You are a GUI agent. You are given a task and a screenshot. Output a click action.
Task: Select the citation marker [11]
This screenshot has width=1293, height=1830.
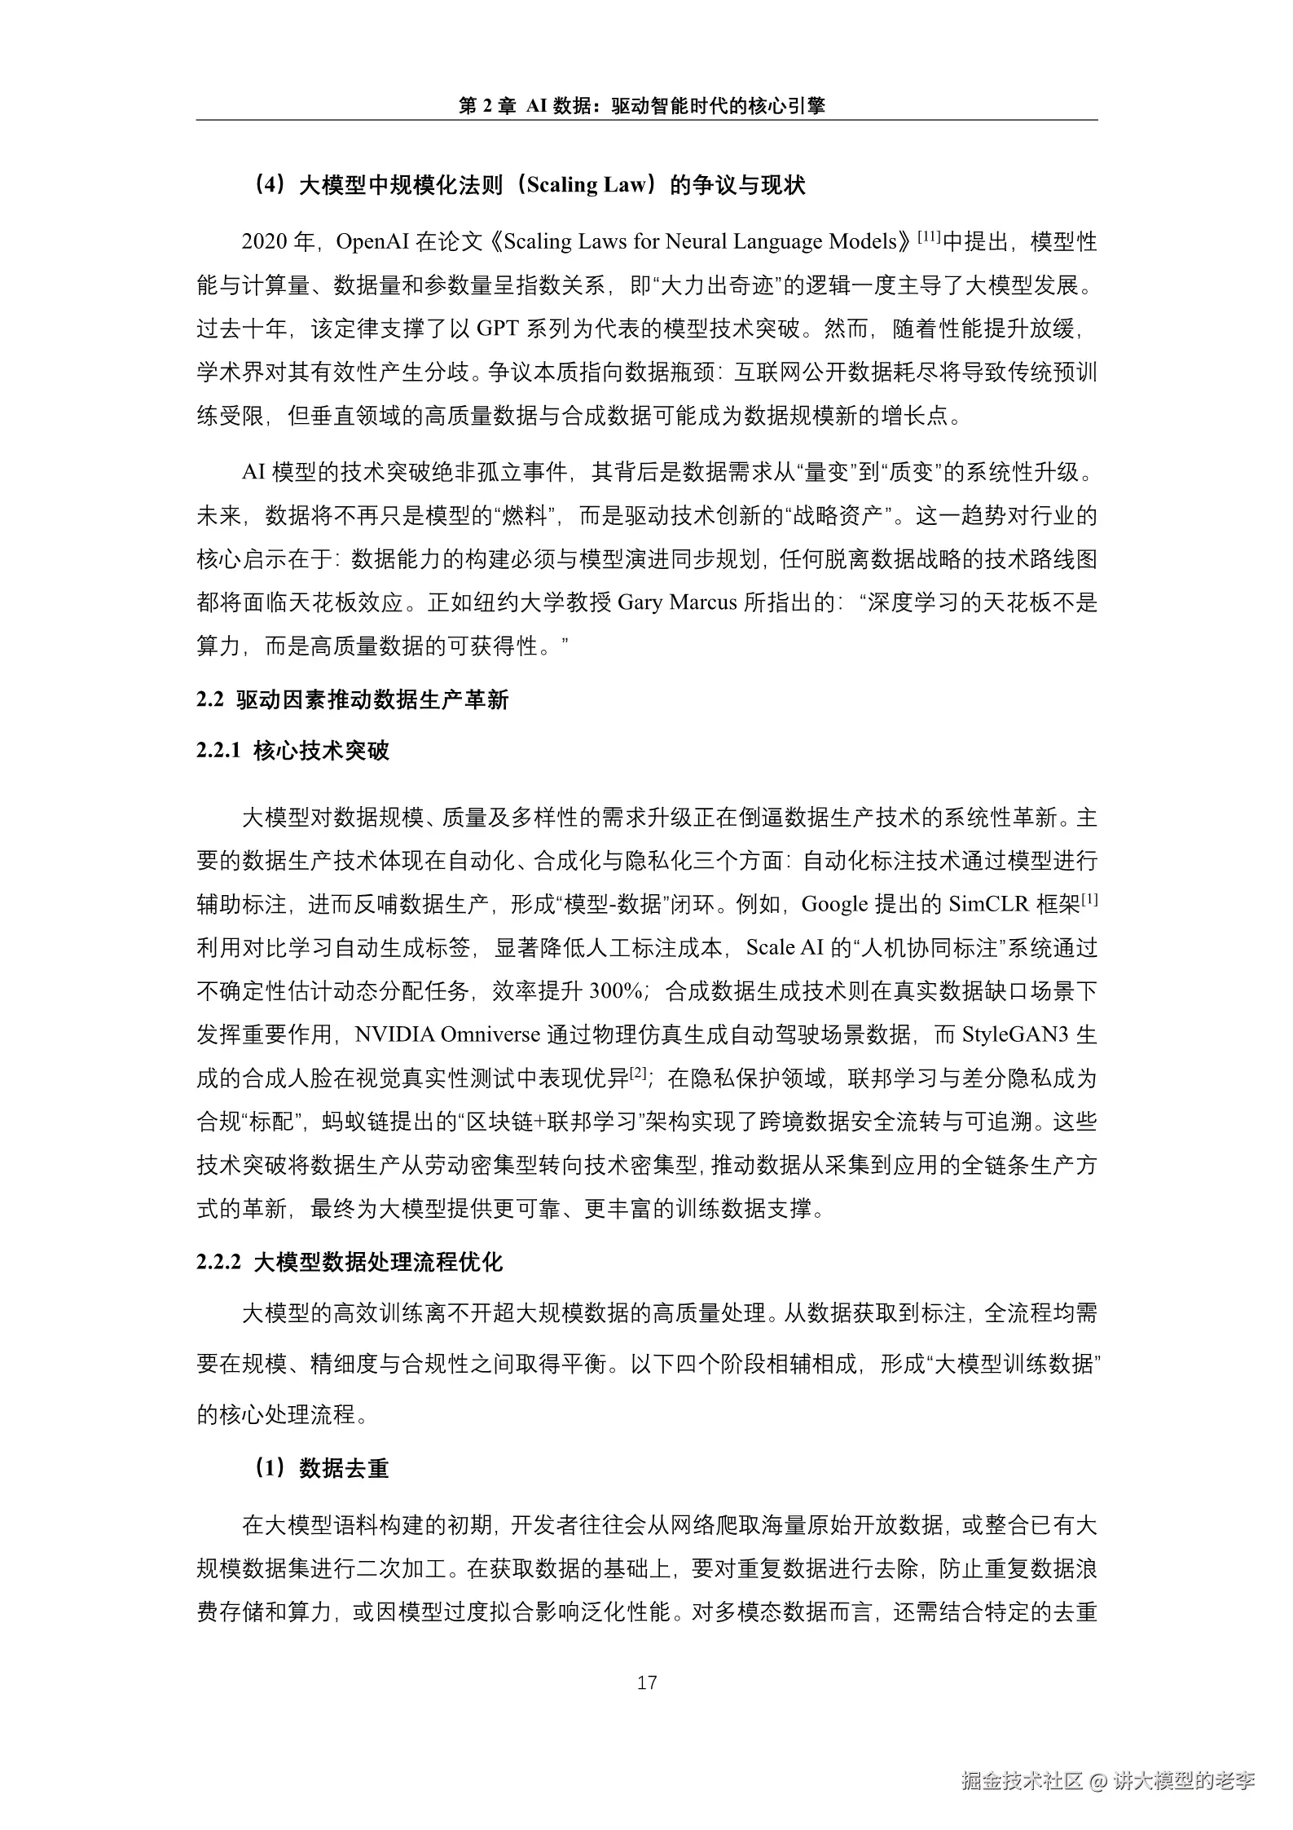(x=930, y=237)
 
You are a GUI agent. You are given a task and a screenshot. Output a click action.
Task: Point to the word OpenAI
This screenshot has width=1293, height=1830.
(x=372, y=242)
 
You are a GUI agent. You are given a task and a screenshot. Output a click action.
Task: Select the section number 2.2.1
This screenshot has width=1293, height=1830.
(x=218, y=751)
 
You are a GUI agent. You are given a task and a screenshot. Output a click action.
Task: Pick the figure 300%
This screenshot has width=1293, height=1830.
(x=616, y=991)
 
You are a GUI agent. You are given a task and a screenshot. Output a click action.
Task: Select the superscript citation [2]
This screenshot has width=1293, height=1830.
(x=638, y=1073)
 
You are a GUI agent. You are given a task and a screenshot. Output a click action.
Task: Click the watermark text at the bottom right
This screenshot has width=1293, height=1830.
(x=1108, y=1781)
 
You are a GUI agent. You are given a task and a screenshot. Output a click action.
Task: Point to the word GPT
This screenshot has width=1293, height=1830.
(x=496, y=329)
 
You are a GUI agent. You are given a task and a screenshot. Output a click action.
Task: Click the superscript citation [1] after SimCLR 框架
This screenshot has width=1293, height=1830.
(x=1089, y=899)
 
